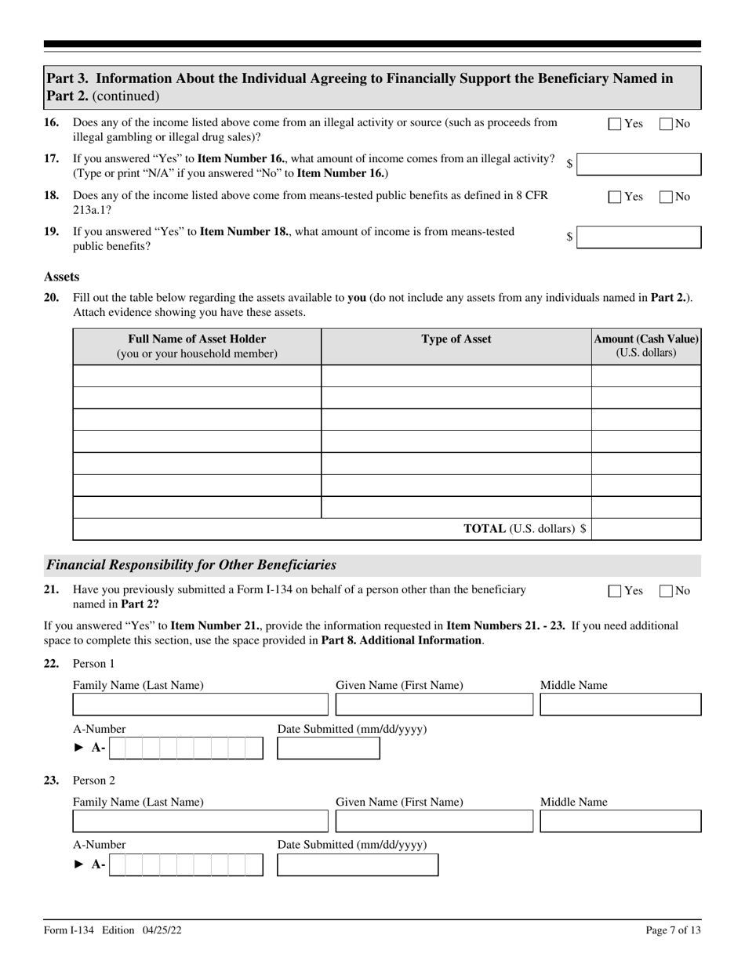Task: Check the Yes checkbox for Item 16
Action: click(615, 124)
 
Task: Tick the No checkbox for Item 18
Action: click(666, 197)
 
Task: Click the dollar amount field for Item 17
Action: click(638, 165)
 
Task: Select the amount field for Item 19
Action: click(638, 237)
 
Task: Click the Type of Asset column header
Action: click(456, 339)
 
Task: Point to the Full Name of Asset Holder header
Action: click(197, 346)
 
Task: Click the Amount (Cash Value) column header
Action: click(645, 346)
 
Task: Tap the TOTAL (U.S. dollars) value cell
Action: click(645, 529)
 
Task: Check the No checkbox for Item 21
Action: click(666, 591)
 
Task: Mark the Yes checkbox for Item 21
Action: click(615, 591)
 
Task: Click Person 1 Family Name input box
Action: click(200, 705)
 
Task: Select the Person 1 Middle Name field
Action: click(620, 705)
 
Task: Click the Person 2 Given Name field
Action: click(434, 821)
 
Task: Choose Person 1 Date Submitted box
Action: click(329, 748)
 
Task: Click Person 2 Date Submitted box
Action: click(358, 865)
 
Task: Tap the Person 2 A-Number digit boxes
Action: click(186, 865)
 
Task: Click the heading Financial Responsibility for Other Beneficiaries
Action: click(191, 565)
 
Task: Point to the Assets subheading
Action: click(61, 277)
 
